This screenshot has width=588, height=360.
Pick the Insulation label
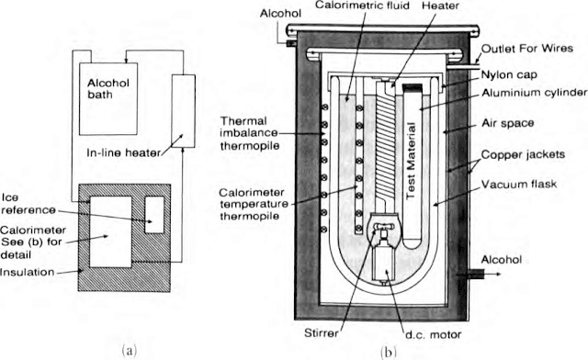tap(28, 272)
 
